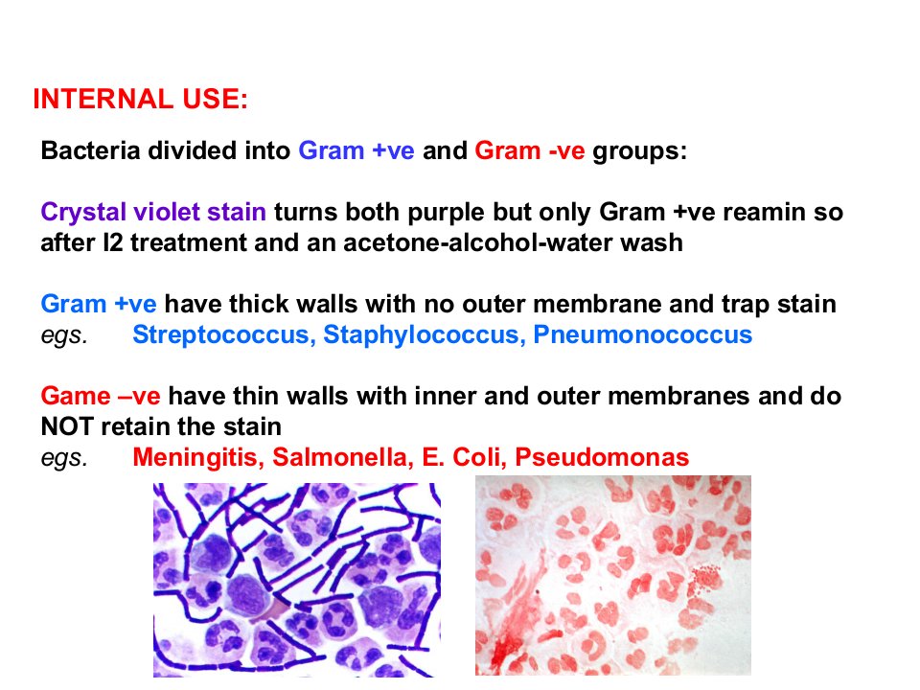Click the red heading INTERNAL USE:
coord(141,99)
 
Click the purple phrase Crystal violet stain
coord(153,212)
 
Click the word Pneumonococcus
coord(642,334)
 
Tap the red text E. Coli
coord(464,457)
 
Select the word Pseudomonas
coord(602,457)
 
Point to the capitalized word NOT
coord(66,426)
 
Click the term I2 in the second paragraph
coord(113,242)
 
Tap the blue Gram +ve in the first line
coord(356,150)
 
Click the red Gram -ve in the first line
coord(529,150)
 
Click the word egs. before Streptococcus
coord(64,336)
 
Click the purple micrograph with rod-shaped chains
coord(297,580)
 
